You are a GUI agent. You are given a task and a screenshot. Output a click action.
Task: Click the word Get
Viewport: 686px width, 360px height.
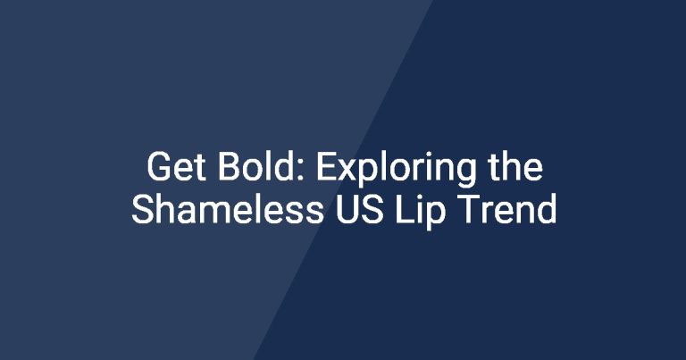click(x=176, y=167)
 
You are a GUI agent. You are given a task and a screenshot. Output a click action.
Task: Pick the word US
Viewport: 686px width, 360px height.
click(x=360, y=209)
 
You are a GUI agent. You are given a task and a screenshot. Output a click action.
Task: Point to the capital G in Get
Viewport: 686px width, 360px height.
click(x=159, y=167)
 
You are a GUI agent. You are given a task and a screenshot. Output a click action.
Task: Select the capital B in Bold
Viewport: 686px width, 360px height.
click(x=230, y=167)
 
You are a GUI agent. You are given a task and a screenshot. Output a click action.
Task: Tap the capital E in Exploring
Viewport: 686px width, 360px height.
click(x=326, y=167)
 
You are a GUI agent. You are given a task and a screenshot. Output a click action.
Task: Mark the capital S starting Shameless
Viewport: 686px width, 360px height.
click(x=144, y=209)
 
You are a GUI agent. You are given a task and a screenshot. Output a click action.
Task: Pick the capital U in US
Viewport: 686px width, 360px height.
click(x=347, y=210)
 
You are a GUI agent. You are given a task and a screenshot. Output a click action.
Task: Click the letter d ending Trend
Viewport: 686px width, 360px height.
click(x=546, y=209)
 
